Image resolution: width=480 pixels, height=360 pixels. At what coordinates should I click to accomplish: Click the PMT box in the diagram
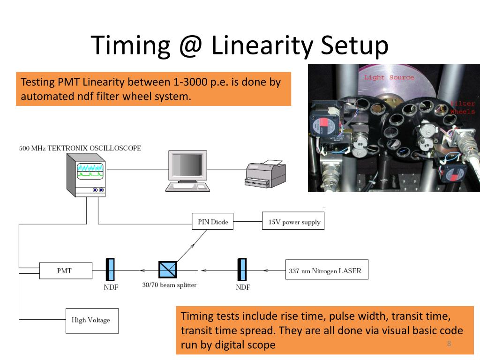pyautogui.click(x=64, y=270)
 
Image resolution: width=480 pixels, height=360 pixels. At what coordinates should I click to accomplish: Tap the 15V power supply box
pyautogui.click(x=293, y=222)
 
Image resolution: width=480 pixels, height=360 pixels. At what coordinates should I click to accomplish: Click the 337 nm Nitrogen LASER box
pyautogui.click(x=326, y=270)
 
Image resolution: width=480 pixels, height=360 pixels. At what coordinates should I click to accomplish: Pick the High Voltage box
pyautogui.click(x=92, y=320)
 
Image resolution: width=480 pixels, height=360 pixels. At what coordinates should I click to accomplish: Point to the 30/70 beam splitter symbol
pyautogui.click(x=167, y=270)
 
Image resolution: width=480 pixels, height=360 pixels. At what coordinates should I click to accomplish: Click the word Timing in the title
pyautogui.click(x=130, y=45)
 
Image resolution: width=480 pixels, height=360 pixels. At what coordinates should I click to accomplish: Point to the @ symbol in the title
pyautogui.click(x=190, y=45)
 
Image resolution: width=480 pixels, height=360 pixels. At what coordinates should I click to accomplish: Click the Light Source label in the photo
pyautogui.click(x=389, y=77)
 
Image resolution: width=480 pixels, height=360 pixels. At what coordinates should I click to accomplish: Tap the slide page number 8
pyautogui.click(x=449, y=344)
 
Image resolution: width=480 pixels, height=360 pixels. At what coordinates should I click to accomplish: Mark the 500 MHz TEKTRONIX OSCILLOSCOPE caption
pyautogui.click(x=80, y=148)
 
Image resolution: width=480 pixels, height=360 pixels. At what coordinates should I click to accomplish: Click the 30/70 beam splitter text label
pyautogui.click(x=169, y=285)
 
